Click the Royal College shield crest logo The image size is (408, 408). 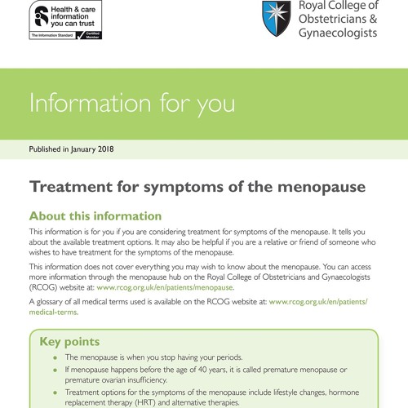(277, 19)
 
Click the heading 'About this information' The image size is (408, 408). (95, 216)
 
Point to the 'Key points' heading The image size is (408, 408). (69, 342)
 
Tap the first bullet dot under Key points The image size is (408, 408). (55, 358)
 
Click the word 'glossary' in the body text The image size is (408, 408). (52, 302)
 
